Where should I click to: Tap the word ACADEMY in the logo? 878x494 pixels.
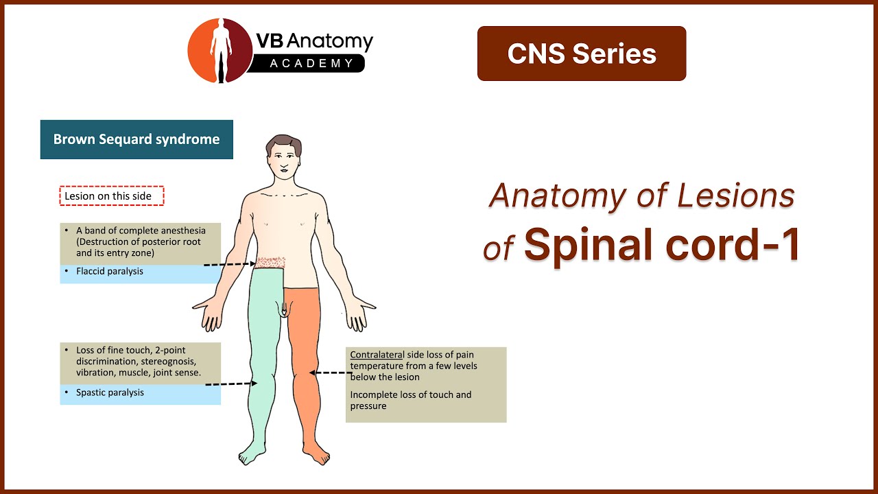coord(307,64)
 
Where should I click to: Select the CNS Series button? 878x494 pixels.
coord(582,54)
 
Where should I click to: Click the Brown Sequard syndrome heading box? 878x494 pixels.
coord(137,139)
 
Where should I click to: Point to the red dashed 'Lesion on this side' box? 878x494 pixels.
coord(112,196)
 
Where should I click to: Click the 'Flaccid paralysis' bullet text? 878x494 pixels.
coord(110,271)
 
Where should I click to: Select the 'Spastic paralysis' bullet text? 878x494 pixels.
coord(110,392)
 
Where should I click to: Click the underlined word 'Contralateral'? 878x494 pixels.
coord(377,355)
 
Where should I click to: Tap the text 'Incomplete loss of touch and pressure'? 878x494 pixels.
coord(410,400)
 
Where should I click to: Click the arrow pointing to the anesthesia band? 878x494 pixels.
coord(229,264)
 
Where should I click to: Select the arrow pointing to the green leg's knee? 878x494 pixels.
coord(230,384)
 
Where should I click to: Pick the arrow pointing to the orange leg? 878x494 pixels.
coord(330,373)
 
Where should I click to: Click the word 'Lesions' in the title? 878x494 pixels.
coord(735,196)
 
